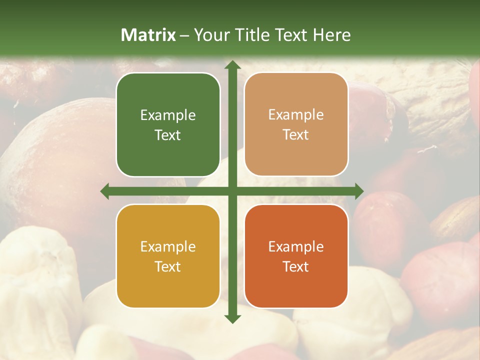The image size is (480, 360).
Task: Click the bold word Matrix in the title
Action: tap(148, 35)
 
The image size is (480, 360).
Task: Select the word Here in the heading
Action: tap(332, 35)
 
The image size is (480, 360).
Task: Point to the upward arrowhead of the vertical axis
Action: tap(232, 65)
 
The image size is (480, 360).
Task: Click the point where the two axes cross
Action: tap(232, 191)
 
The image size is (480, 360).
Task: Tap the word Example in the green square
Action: tap(168, 115)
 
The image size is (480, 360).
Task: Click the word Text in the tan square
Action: tap(296, 135)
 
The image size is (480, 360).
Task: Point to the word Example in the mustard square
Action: tap(168, 247)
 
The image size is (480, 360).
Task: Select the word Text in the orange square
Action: tap(296, 267)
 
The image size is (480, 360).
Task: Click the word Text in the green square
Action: tap(168, 135)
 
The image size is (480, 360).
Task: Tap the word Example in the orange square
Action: tap(296, 247)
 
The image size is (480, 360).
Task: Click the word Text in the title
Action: tap(292, 35)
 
